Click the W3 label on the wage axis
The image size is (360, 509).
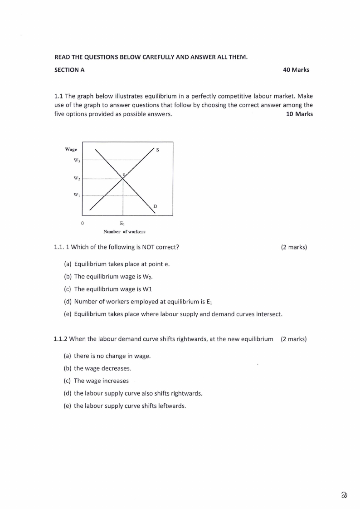pyautogui.click(x=77, y=160)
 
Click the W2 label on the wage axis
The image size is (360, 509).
pyautogui.click(x=77, y=178)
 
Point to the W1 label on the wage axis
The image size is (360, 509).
pyautogui.click(x=77, y=195)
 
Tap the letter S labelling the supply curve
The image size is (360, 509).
pyautogui.click(x=157, y=150)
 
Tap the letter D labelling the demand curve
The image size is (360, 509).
pyautogui.click(x=155, y=206)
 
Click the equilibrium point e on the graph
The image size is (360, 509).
pyautogui.click(x=123, y=177)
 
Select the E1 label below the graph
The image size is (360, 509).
pyautogui.click(x=122, y=223)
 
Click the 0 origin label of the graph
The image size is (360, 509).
pyautogui.click(x=82, y=223)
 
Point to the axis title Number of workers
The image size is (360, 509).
pyautogui.click(x=124, y=231)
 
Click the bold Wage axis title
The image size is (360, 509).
pyautogui.click(x=71, y=149)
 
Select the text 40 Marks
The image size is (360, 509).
pyautogui.click(x=296, y=70)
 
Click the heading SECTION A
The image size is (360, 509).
pyautogui.click(x=69, y=70)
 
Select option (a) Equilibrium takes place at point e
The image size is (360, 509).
pyautogui.click(x=117, y=264)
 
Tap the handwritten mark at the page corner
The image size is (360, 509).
pyautogui.click(x=344, y=495)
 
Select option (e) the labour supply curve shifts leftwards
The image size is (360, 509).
pyautogui.click(x=125, y=406)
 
